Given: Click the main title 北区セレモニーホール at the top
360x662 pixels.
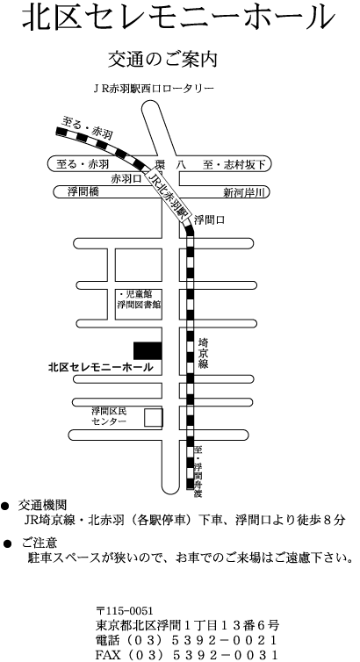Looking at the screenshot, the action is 178,18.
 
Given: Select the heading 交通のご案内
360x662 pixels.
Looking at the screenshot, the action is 163,59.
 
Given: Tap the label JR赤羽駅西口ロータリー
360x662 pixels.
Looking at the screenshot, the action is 154,89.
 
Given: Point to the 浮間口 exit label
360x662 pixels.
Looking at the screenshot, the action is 209,219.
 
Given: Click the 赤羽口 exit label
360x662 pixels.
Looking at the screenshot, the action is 126,179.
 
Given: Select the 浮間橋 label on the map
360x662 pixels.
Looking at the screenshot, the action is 83,191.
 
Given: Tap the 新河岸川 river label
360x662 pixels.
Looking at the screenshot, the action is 244,193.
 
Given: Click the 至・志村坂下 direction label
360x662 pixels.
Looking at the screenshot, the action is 234,165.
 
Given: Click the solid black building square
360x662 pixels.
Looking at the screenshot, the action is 148,350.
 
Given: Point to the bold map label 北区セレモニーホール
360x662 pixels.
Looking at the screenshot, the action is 100,368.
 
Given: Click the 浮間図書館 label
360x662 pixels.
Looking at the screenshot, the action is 139,304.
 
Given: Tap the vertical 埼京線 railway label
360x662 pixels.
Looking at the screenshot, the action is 203,353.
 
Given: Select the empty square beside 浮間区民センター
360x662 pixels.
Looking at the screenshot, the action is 154,418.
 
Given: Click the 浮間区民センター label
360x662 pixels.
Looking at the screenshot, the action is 109,416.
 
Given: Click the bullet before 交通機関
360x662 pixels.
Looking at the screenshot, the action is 5,506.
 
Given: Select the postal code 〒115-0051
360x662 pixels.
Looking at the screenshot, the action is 125,611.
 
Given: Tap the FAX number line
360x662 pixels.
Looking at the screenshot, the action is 186,655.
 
